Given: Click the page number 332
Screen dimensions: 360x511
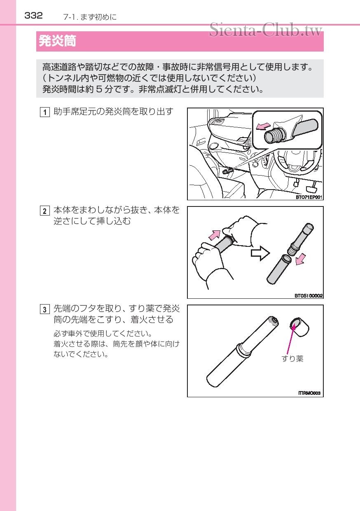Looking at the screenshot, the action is point(33,16).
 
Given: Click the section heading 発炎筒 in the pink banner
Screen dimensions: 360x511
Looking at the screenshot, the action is point(57,41).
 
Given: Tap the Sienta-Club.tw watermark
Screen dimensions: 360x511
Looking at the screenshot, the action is point(266,30).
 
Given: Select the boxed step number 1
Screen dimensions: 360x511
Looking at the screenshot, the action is point(44,112).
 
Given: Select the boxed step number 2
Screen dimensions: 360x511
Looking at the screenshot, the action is point(44,211).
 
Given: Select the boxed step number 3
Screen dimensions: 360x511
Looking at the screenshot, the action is point(44,309).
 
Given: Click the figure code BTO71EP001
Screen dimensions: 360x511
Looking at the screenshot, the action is point(309,197).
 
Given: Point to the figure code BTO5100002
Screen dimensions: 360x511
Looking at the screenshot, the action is point(309,296).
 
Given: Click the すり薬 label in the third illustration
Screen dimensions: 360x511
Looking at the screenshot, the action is point(292,359).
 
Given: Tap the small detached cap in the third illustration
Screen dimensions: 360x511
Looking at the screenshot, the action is point(299,327).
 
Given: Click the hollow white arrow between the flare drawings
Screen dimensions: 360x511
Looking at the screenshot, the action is point(260,253).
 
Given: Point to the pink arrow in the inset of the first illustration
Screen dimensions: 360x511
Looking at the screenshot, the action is point(263,126).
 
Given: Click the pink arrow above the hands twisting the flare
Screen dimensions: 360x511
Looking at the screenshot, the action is point(215,235).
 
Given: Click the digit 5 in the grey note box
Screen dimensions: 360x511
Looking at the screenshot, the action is point(99,89).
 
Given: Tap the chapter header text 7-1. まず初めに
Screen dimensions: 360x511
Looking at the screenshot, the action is point(90,17).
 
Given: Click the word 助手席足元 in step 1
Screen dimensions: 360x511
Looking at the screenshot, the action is point(75,112).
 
